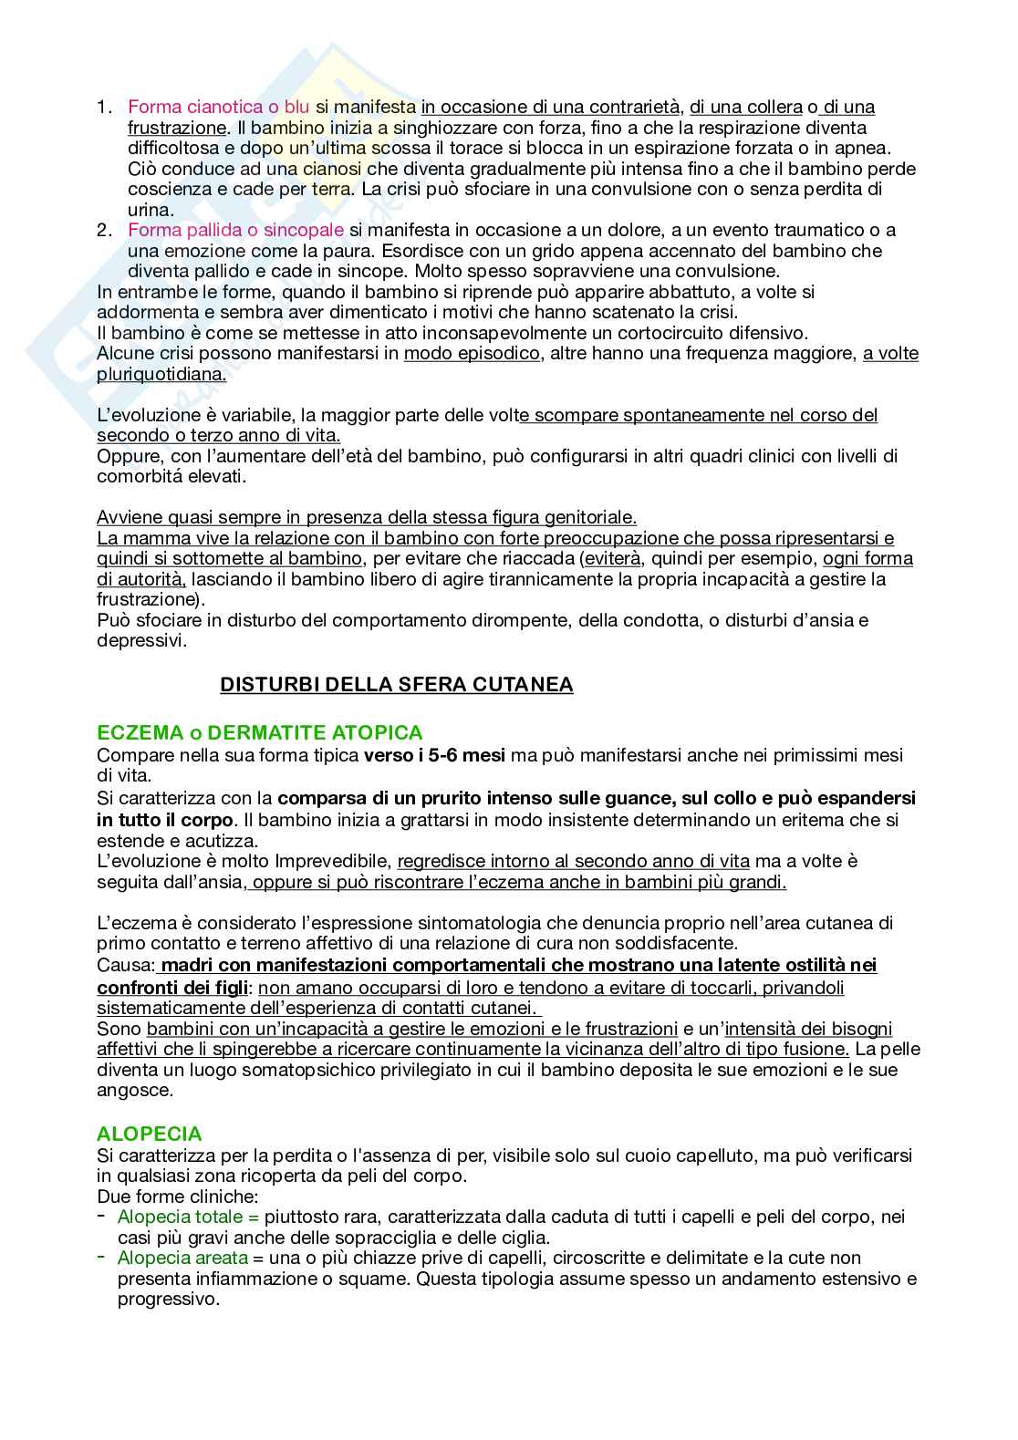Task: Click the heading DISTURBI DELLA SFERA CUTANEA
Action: click(396, 685)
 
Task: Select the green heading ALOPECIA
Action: click(149, 1134)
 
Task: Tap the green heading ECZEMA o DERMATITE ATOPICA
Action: click(259, 732)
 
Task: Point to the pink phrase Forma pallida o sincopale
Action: click(235, 230)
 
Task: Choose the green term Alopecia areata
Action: click(182, 1258)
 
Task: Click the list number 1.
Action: click(104, 107)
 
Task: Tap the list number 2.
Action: click(104, 230)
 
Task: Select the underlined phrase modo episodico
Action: click(472, 354)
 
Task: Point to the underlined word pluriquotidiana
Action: click(161, 374)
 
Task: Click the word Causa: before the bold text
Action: click(126, 966)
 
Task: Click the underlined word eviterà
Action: click(613, 559)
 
